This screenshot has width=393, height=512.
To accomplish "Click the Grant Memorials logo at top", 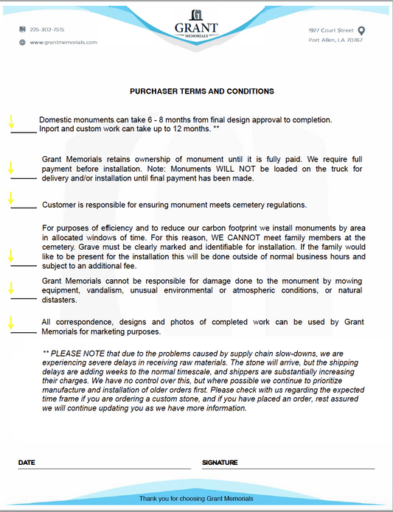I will tap(196, 24).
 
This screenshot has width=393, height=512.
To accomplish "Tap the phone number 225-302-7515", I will tap(47, 29).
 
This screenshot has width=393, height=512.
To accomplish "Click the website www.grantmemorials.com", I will tap(63, 42).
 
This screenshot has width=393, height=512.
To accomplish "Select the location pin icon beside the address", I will tap(361, 31).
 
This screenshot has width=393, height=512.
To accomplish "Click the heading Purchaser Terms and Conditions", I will tap(202, 91).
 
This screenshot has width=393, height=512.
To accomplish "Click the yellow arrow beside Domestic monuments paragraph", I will tap(10, 122).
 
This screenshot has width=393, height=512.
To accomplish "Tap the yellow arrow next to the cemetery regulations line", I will tap(10, 197).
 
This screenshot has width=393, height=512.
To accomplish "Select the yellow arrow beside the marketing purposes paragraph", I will tap(10, 323).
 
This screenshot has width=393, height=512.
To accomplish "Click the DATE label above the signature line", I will tap(27, 463).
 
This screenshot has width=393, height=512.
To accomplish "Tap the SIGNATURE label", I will tap(219, 463).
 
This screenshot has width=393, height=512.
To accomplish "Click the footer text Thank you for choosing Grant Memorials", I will tap(196, 499).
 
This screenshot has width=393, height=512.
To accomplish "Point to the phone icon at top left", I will tap(22, 29).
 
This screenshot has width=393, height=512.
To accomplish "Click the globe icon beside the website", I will tap(22, 42).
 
